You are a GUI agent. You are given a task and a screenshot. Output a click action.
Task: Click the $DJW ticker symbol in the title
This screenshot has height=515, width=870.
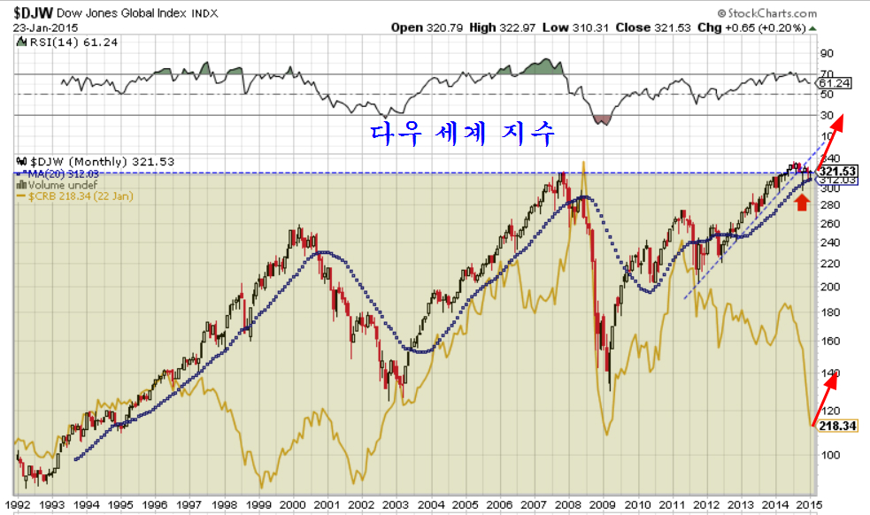(x=34, y=12)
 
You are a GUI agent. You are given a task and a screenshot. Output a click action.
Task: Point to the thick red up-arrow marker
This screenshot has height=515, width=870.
(x=801, y=204)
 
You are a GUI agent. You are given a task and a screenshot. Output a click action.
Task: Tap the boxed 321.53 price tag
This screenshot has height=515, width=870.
(x=836, y=170)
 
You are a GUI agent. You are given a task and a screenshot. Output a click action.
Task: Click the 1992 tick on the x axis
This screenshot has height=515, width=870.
(x=18, y=504)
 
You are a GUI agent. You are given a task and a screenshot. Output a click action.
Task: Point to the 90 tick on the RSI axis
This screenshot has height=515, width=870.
(x=828, y=52)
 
